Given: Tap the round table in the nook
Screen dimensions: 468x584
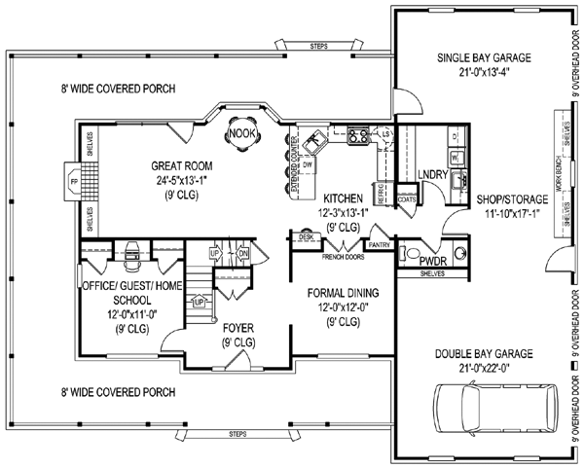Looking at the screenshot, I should click(239, 132).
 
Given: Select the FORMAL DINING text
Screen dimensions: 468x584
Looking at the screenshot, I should click(342, 293).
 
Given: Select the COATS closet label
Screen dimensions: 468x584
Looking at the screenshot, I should click(409, 198).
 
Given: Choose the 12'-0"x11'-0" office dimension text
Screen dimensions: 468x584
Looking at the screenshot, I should click(117, 315).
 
